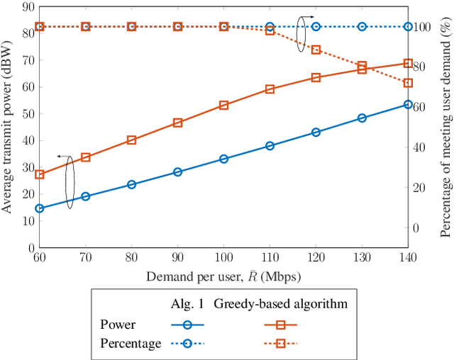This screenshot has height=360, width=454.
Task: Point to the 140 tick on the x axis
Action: point(408,256)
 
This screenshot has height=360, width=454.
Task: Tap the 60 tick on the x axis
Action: point(39,256)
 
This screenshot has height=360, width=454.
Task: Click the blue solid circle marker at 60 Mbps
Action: point(40,208)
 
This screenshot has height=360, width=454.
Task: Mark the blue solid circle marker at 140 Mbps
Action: point(408,104)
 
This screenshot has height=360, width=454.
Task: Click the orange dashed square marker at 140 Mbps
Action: point(408,83)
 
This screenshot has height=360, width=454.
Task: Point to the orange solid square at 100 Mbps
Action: point(223,105)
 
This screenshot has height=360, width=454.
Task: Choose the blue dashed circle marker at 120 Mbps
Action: point(316,26)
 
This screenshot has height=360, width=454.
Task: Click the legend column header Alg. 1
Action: point(187,304)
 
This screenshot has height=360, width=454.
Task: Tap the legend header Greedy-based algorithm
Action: point(280,304)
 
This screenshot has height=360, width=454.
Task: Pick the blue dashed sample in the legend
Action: point(187,344)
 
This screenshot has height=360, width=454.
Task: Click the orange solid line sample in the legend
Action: point(280,325)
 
